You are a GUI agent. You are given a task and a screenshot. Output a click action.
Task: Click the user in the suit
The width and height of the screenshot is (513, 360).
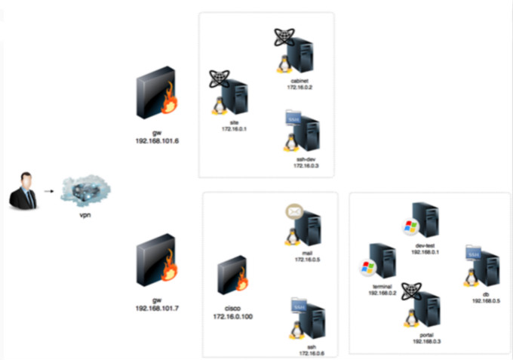tap(23, 191)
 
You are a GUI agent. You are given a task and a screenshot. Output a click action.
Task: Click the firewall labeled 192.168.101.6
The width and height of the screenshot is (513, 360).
tap(155, 96)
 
